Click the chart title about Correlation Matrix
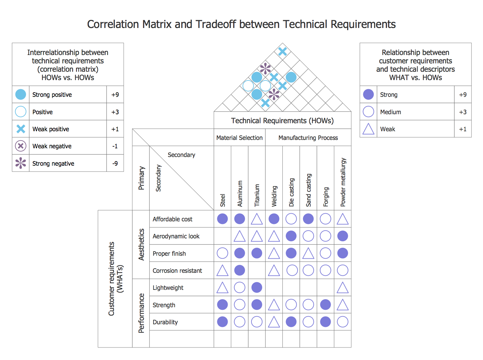pyautogui.click(x=241, y=24)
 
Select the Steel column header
pyautogui.click(x=223, y=200)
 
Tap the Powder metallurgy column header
pyautogui.click(x=343, y=182)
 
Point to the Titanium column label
pyautogui.click(x=257, y=195)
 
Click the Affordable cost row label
pyautogui.click(x=172, y=219)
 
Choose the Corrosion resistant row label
pyautogui.click(x=177, y=271)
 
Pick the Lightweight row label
pyautogui.click(x=168, y=288)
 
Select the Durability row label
pyautogui.click(x=165, y=322)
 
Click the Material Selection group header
pyautogui.click(x=239, y=138)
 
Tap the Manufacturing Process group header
pyautogui.click(x=308, y=138)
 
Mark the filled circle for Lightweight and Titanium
pyautogui.click(x=257, y=288)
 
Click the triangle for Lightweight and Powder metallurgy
pyautogui.click(x=343, y=288)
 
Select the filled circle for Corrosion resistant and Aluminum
pyautogui.click(x=240, y=271)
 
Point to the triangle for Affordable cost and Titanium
pyautogui.click(x=257, y=219)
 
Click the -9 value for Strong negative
pyautogui.click(x=115, y=164)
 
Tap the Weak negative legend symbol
pyautogui.click(x=21, y=146)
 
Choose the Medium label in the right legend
pyautogui.click(x=390, y=112)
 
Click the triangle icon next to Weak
pyautogui.click(x=368, y=129)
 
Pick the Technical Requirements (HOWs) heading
pyautogui.click(x=282, y=121)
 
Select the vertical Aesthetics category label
pyautogui.click(x=141, y=245)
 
